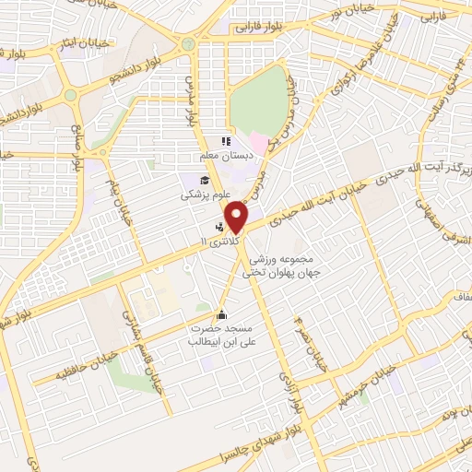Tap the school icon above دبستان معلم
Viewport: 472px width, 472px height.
pyautogui.click(x=223, y=142)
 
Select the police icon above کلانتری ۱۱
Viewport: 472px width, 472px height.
pyautogui.click(x=219, y=224)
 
